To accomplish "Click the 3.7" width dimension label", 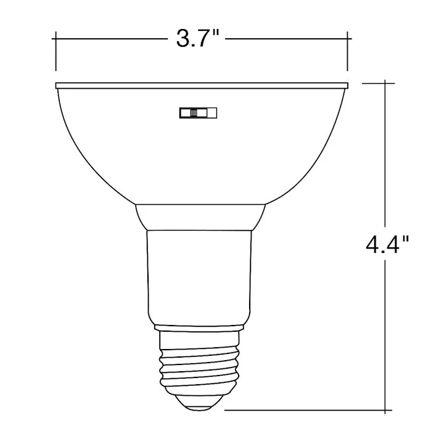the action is pyautogui.click(x=198, y=38).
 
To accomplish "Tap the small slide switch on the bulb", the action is pyautogui.click(x=198, y=113).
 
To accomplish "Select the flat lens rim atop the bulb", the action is pyautogui.click(x=202, y=86).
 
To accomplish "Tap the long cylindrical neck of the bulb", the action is pyautogui.click(x=199, y=277).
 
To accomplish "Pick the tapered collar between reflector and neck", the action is pyautogui.click(x=200, y=217).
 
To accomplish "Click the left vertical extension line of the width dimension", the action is pyautogui.click(x=56, y=51).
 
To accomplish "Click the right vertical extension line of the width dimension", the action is pyautogui.click(x=347, y=51).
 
